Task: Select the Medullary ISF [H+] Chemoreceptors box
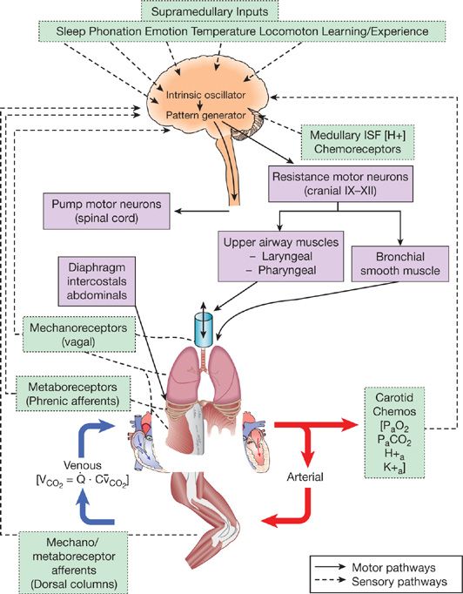point(358,140)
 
